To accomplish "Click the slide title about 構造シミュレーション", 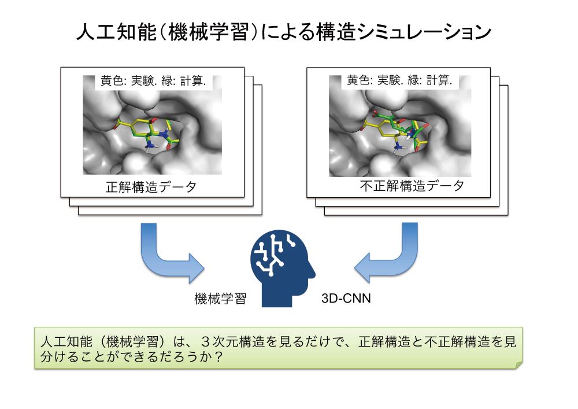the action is click(284, 32).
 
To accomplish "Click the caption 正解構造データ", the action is click(151, 187).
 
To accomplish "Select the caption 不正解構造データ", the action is click(412, 186).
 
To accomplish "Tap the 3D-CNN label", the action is click(346, 298).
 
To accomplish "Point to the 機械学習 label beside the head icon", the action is click(220, 299).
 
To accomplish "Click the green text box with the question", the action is click(279, 348).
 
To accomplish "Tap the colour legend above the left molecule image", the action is click(153, 81).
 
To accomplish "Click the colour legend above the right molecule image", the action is click(399, 80).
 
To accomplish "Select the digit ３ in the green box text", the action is click(206, 342).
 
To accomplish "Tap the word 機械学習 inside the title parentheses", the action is click(209, 32).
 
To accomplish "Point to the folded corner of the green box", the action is click(519, 366).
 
